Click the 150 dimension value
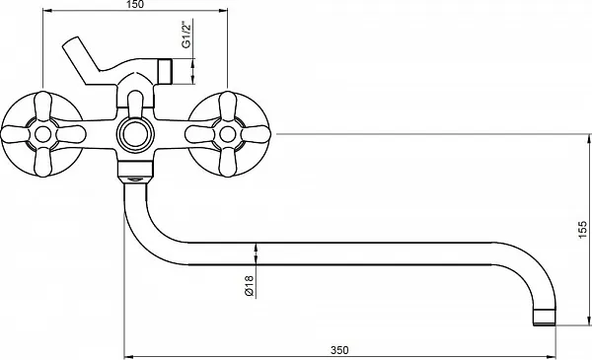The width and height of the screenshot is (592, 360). (x=135, y=5)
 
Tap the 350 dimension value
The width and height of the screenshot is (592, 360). (x=339, y=350)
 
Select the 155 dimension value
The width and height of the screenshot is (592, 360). (x=583, y=230)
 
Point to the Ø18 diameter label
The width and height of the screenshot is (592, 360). (x=250, y=286)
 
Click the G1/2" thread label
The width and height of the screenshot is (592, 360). (x=186, y=35)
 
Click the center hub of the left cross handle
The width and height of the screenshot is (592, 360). (x=42, y=134)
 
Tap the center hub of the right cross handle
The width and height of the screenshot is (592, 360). (x=227, y=134)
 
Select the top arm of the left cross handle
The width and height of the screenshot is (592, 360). (x=42, y=107)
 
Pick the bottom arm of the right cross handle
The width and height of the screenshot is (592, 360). (x=227, y=162)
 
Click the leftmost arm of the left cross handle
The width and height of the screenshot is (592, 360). (x=15, y=134)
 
